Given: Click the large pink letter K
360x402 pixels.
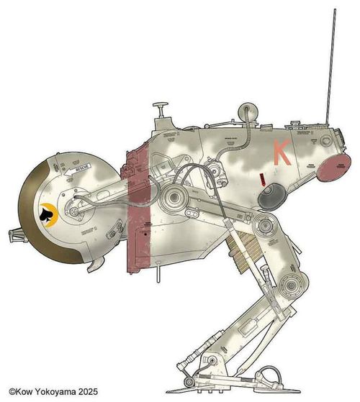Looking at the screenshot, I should pyautogui.click(x=282, y=151).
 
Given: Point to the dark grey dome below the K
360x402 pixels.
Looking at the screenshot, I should pyautogui.click(x=271, y=196).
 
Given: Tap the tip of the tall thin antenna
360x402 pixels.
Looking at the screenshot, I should pyautogui.click(x=336, y=12).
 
